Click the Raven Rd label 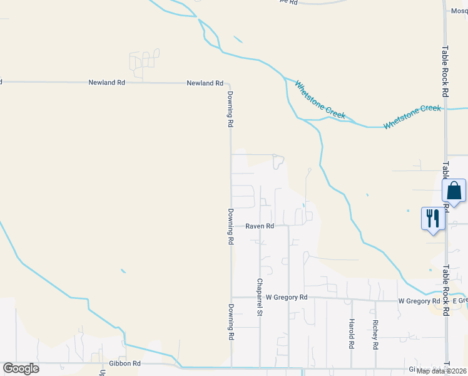pyautogui.click(x=260, y=226)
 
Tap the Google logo pyautogui.click(x=21, y=368)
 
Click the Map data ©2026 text pyautogui.click(x=441, y=370)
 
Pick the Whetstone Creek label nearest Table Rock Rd pyautogui.click(x=412, y=117)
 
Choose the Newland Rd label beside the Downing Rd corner pyautogui.click(x=205, y=83)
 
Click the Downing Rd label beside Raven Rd pyautogui.click(x=230, y=226)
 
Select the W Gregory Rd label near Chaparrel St pyautogui.click(x=287, y=297)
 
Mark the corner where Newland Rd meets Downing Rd pyautogui.click(x=229, y=83)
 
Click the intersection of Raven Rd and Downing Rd pyautogui.click(x=231, y=226)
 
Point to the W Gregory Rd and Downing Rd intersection pyautogui.click(x=231, y=298)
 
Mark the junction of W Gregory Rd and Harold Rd pyautogui.click(x=352, y=300)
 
